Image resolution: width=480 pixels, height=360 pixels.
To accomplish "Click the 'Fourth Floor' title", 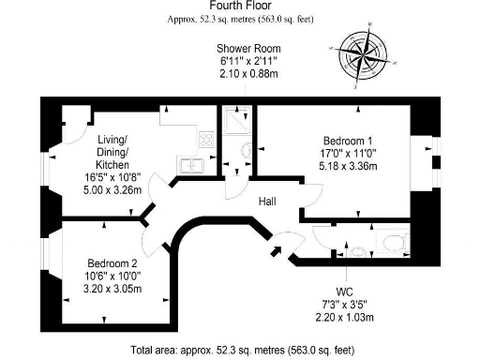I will (239, 6).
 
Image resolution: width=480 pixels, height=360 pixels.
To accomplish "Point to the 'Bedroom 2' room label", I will (112, 262).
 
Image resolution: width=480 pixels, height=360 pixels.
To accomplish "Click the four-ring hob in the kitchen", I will (205, 140).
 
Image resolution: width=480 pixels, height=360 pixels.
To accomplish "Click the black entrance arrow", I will (275, 250).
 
